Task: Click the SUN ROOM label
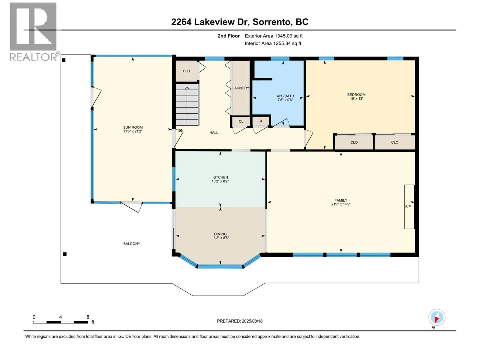133,129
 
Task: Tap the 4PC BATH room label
285,98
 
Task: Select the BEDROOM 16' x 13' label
356,97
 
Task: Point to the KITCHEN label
220,179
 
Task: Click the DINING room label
220,236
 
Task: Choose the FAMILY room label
341,202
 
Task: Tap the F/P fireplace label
408,207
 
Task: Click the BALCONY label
132,244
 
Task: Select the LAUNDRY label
241,88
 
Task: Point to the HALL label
214,133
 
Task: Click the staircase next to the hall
187,104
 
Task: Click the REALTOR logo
34,32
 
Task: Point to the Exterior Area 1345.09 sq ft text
274,36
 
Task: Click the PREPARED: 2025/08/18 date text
240,321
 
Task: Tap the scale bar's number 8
88,317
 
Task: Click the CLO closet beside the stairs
187,71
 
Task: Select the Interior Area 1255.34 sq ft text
273,43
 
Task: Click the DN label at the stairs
181,130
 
